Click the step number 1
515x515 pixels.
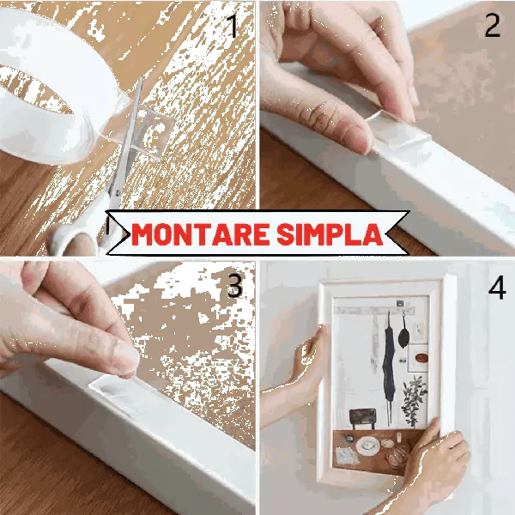point(233,27)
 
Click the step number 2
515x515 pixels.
point(493,26)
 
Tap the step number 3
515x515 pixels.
point(234,286)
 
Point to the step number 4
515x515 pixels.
point(497,287)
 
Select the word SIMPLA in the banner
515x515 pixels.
point(330,234)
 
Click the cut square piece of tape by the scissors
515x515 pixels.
point(154,131)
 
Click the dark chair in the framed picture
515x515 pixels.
point(362,419)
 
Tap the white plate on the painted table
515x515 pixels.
point(368,445)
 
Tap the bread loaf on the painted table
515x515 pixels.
point(397,457)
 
